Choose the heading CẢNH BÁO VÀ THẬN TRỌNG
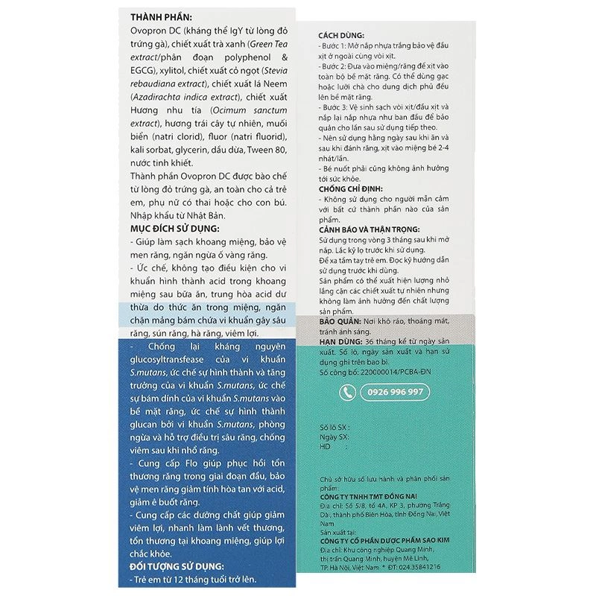tap(369, 230)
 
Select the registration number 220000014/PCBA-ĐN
tap(387, 370)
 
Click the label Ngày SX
tap(333, 437)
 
